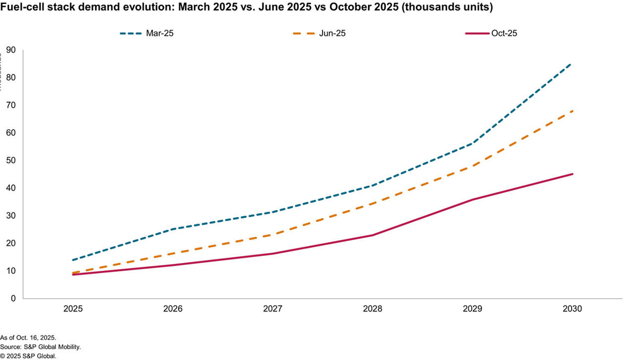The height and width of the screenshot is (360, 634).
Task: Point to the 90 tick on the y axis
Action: [x=10, y=50]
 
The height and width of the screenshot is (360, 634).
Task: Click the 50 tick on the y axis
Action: [x=10, y=160]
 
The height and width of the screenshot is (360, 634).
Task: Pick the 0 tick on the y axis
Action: [x=13, y=299]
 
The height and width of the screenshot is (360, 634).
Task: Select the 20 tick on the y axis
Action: [x=10, y=243]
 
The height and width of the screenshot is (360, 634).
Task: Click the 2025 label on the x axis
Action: [x=73, y=309]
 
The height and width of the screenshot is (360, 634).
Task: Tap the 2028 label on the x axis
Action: [x=372, y=309]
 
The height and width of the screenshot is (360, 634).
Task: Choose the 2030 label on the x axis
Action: [x=572, y=309]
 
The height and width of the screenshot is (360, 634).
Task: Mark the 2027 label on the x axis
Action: [x=273, y=309]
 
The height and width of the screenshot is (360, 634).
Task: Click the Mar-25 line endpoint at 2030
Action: [x=572, y=63]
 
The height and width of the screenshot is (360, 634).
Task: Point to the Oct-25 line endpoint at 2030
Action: [x=573, y=174]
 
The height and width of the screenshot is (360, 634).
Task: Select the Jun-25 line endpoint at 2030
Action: [x=572, y=111]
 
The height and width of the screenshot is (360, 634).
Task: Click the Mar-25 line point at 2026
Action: [x=173, y=229]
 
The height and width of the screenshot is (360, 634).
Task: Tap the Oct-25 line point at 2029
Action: [x=473, y=200]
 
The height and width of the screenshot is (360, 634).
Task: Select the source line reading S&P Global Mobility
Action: [x=41, y=347]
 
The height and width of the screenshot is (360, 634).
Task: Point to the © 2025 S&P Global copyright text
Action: [x=28, y=356]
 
